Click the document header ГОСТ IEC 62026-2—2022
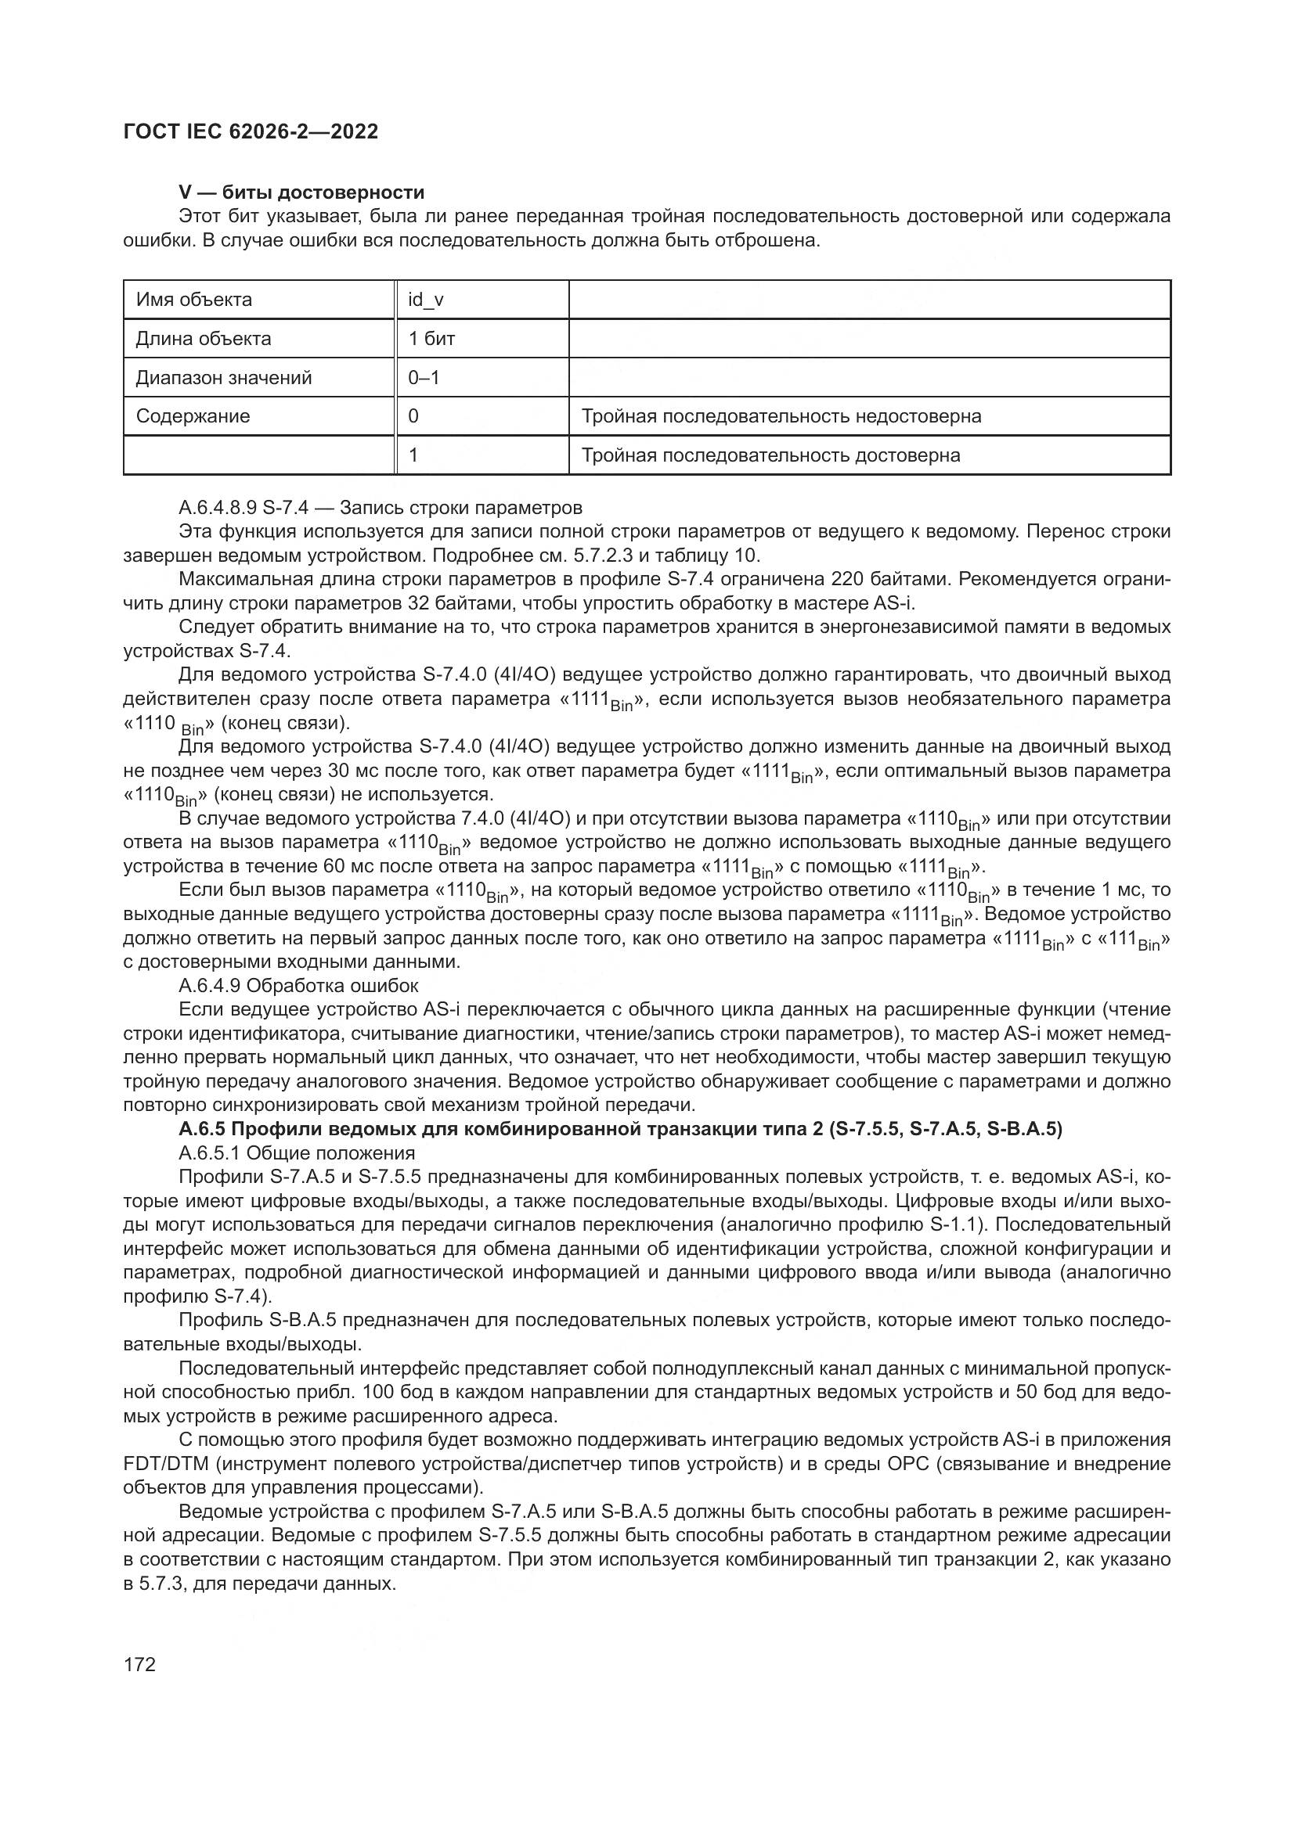[x=251, y=131]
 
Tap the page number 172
[x=139, y=1664]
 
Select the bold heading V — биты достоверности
[x=301, y=192]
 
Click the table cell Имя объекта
[x=193, y=300]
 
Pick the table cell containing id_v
[x=426, y=300]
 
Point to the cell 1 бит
[x=431, y=339]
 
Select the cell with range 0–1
[x=424, y=378]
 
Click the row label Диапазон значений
[x=223, y=378]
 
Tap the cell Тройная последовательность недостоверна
[x=781, y=416]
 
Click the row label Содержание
[x=193, y=416]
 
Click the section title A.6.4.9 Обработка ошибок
[x=298, y=986]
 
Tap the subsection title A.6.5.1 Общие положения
[x=297, y=1153]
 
